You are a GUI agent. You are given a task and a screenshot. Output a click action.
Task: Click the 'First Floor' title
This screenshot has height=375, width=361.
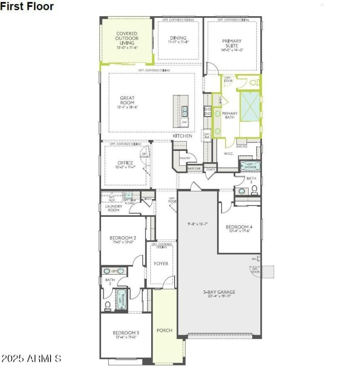point(27,6)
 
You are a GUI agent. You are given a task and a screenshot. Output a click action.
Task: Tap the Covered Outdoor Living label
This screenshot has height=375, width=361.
point(127,38)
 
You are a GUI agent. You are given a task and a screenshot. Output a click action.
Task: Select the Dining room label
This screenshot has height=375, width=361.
point(178,38)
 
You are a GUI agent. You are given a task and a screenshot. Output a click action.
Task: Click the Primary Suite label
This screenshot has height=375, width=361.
point(232,44)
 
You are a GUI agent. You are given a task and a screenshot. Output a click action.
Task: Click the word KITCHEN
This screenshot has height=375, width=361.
point(182,136)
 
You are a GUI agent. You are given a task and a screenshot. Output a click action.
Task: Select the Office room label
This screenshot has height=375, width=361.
point(125,163)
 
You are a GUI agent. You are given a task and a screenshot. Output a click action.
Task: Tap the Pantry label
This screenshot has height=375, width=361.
point(185,158)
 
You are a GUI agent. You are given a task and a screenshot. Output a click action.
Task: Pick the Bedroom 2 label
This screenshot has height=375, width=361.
point(122,238)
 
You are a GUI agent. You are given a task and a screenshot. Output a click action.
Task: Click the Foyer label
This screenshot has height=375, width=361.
point(161,263)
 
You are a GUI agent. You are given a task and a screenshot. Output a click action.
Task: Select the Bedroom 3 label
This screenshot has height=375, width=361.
point(126,333)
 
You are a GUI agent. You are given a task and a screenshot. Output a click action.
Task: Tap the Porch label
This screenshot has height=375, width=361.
point(164,330)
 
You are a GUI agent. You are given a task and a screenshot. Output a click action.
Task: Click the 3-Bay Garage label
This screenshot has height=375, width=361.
point(219,292)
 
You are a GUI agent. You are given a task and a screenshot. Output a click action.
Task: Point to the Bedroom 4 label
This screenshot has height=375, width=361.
point(239,227)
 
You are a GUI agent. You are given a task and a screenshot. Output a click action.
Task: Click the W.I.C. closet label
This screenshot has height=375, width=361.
point(228,154)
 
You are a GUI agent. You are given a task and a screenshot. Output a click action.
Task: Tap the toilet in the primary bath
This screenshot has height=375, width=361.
point(254,82)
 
